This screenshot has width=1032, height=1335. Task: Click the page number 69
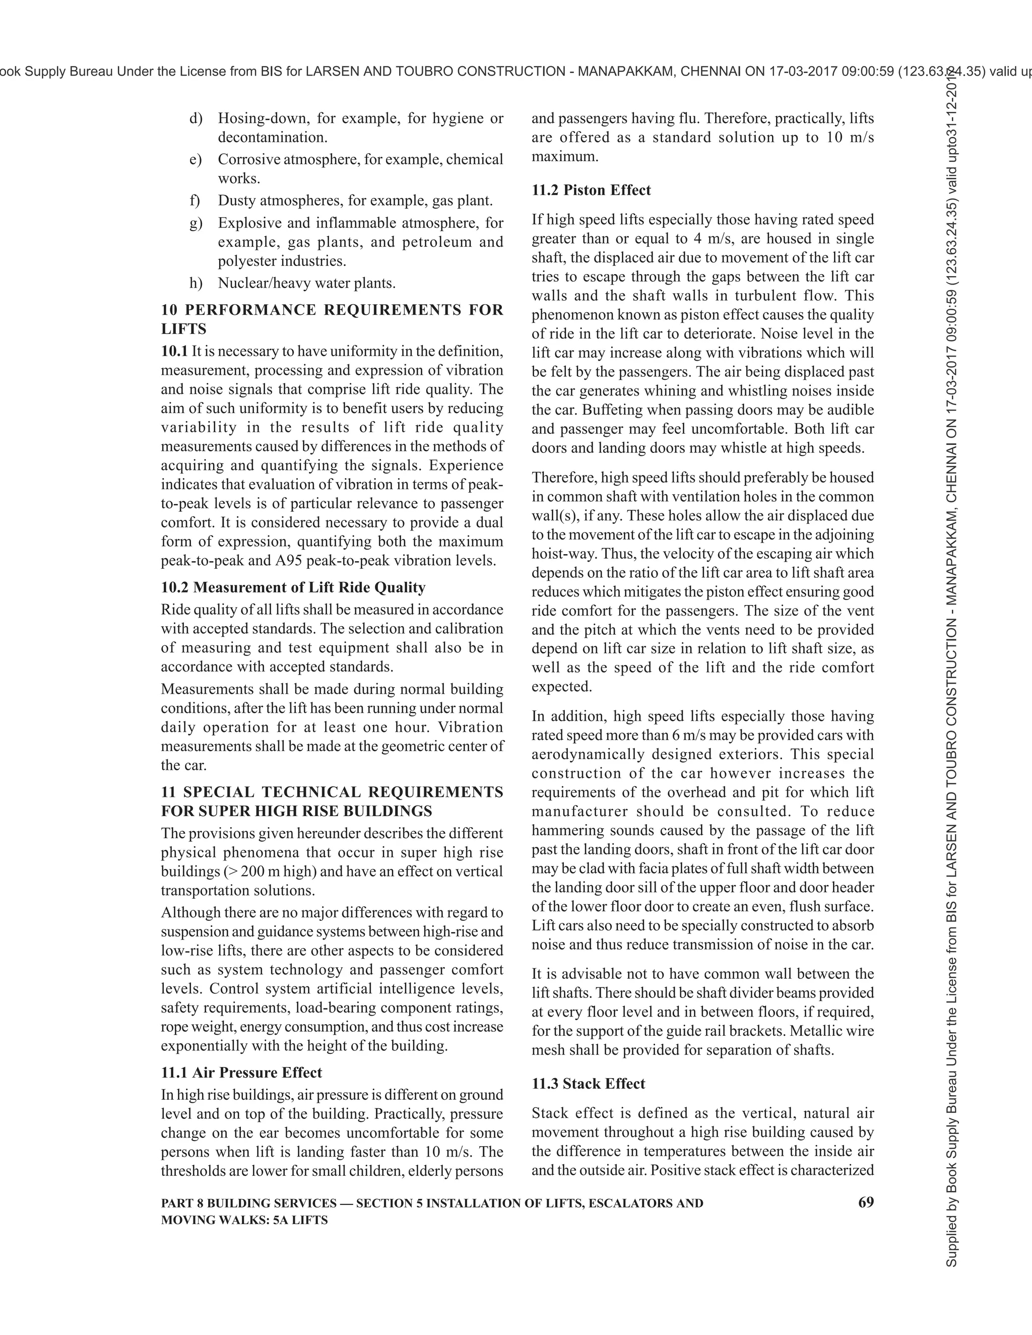coord(866,1203)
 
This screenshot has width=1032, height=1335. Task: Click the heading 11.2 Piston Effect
coord(591,190)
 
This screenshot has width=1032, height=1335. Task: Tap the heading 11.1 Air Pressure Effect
coord(241,1072)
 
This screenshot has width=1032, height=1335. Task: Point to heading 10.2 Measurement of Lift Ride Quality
coord(293,587)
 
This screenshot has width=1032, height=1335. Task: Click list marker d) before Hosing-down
coord(196,118)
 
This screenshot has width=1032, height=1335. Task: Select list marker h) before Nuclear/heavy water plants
coord(196,283)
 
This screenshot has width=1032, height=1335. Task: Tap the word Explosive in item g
coord(249,223)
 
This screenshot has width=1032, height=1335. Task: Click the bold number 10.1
coord(174,352)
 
